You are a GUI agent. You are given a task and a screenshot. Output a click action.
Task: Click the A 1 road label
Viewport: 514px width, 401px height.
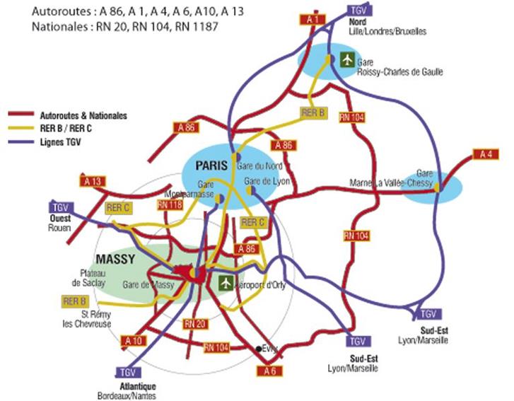314,20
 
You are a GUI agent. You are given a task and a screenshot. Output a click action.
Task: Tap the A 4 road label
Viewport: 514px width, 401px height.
485,154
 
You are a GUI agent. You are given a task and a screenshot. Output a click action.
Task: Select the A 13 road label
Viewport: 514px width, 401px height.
93,182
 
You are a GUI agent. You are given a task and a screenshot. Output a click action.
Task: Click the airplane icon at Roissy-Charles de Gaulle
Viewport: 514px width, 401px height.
346,59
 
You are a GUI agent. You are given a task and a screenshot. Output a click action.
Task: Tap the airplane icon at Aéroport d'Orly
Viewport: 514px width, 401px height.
225,283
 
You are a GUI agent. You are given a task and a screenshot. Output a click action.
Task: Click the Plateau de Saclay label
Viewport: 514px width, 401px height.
90,277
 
